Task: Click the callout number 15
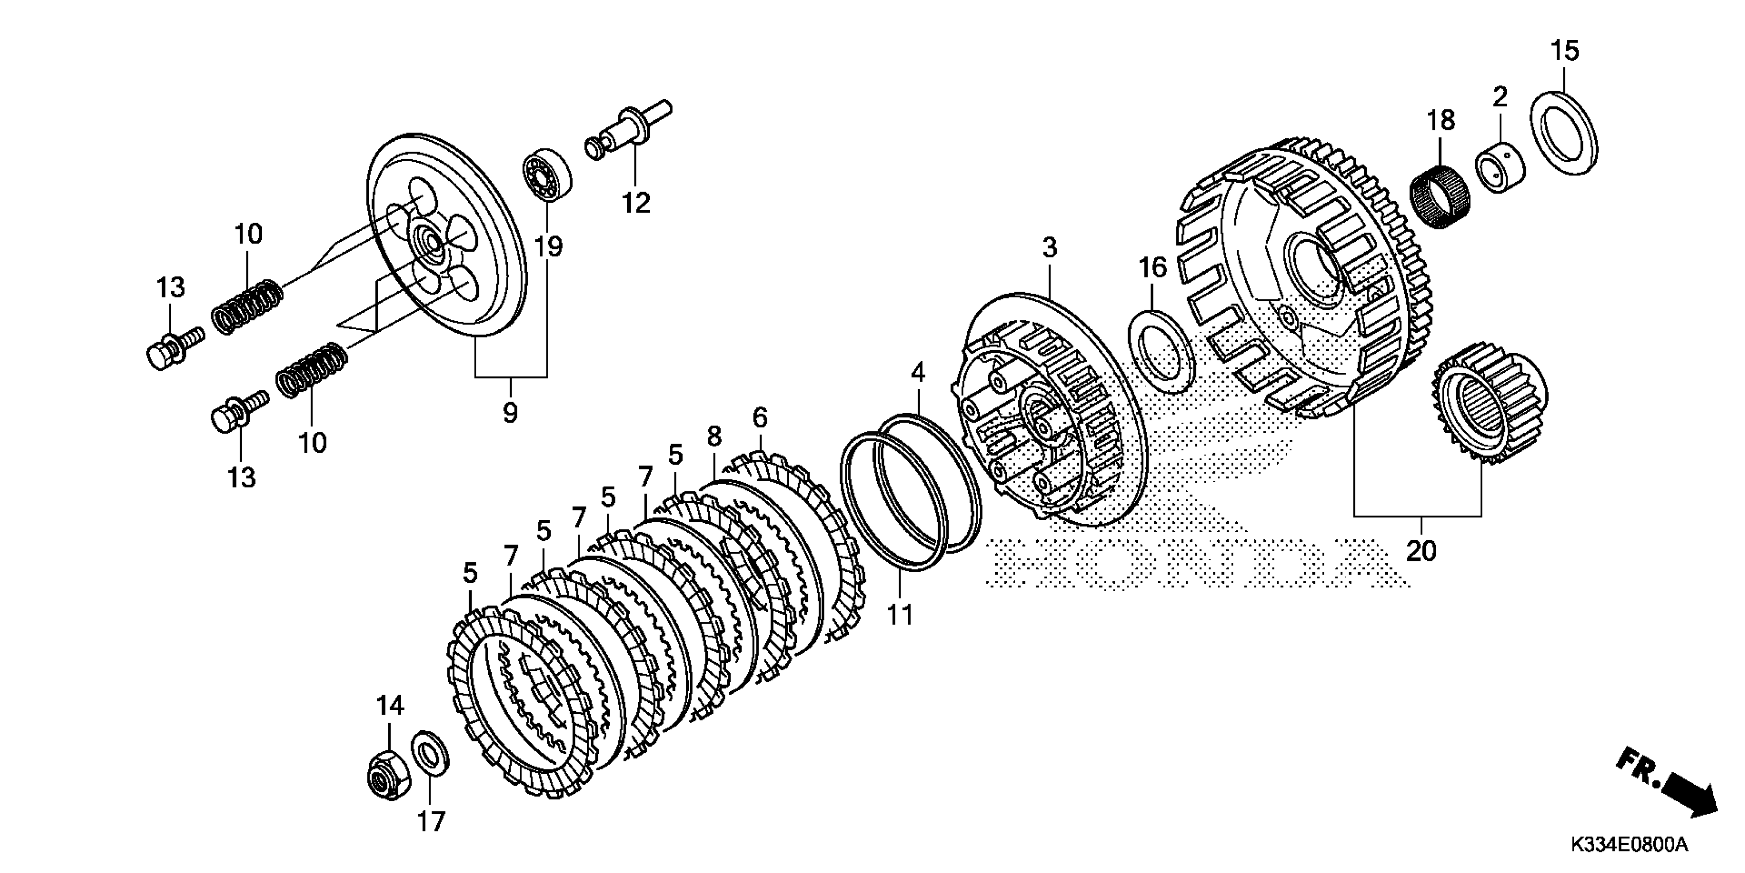[x=1564, y=51]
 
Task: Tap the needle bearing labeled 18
[x=1438, y=197]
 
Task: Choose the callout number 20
[x=1421, y=551]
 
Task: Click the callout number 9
[x=510, y=411]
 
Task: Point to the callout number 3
[x=1049, y=248]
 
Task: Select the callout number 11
[x=900, y=615]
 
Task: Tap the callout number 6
[x=760, y=417]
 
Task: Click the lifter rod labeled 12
[x=627, y=132]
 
